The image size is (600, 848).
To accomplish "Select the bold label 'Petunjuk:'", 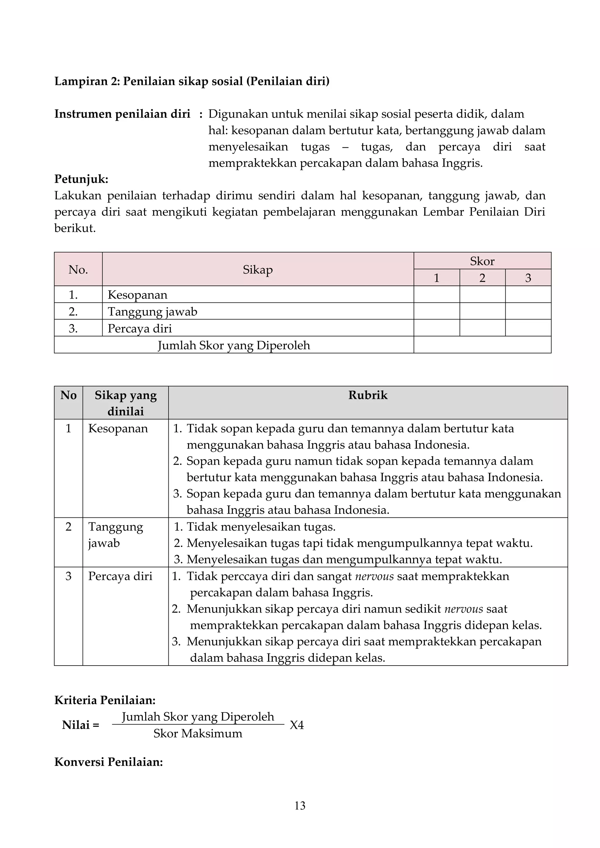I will [81, 179].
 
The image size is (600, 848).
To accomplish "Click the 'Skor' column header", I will [482, 261].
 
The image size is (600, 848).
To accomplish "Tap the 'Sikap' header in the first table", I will [258, 270].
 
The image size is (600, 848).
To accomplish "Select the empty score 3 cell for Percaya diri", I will [528, 328].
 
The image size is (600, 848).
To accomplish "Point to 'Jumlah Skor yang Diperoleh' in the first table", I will [234, 345].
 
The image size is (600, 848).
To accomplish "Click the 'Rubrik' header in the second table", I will [368, 395].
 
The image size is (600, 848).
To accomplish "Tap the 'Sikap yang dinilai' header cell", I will [126, 403].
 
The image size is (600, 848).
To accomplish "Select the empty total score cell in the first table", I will [482, 345].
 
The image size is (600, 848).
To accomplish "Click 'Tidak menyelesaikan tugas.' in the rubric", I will [261, 527].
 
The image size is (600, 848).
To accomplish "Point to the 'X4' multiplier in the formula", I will [297, 725].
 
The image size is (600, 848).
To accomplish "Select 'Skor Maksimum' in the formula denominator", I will [198, 734].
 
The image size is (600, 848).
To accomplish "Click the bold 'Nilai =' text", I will [81, 725].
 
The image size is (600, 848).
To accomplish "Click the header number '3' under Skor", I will [528, 278].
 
